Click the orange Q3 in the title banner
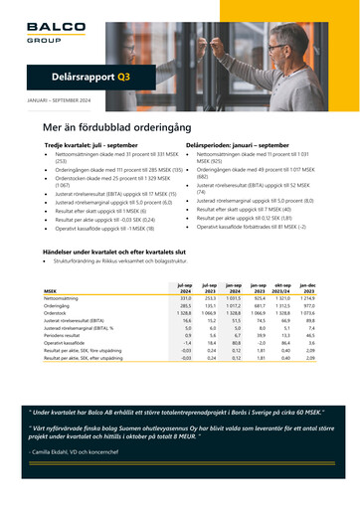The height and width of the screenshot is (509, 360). coord(123,76)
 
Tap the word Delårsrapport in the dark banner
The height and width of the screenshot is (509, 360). coord(84,76)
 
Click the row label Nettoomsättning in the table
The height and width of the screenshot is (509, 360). coord(63,270)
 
